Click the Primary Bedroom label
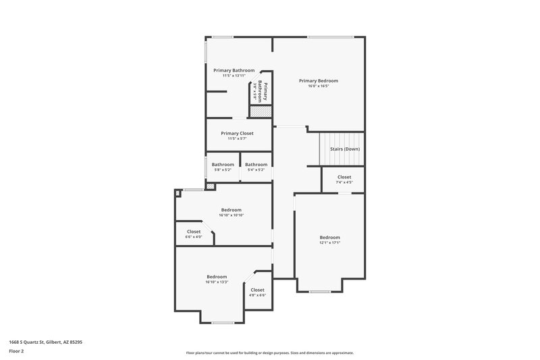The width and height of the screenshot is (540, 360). pyautogui.click(x=318, y=80)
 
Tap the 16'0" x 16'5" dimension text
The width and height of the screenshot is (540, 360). pyautogui.click(x=318, y=86)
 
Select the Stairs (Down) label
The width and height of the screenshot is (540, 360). pyautogui.click(x=344, y=149)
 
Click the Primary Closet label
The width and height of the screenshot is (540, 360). pyautogui.click(x=237, y=133)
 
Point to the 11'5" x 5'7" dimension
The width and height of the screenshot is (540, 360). pyautogui.click(x=237, y=138)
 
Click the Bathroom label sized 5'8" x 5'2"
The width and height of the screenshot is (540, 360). pyautogui.click(x=223, y=164)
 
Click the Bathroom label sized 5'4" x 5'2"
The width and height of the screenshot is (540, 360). pyautogui.click(x=256, y=164)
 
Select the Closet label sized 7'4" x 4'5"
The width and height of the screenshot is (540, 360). pyautogui.click(x=344, y=177)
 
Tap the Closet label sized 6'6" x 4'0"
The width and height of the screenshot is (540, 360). pyautogui.click(x=194, y=231)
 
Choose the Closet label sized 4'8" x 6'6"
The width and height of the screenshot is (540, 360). pyautogui.click(x=257, y=290)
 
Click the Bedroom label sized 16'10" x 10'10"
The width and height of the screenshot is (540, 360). pyautogui.click(x=231, y=209)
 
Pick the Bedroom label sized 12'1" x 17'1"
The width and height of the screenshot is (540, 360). pyautogui.click(x=329, y=237)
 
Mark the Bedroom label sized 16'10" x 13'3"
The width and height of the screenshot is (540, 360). pyautogui.click(x=217, y=276)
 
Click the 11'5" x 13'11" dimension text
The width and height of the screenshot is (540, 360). pyautogui.click(x=234, y=76)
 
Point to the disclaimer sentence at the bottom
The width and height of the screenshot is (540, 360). pyautogui.click(x=269, y=353)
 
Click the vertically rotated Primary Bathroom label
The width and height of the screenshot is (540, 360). pyautogui.click(x=265, y=92)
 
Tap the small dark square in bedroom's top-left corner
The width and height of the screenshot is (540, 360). pyautogui.click(x=178, y=194)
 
